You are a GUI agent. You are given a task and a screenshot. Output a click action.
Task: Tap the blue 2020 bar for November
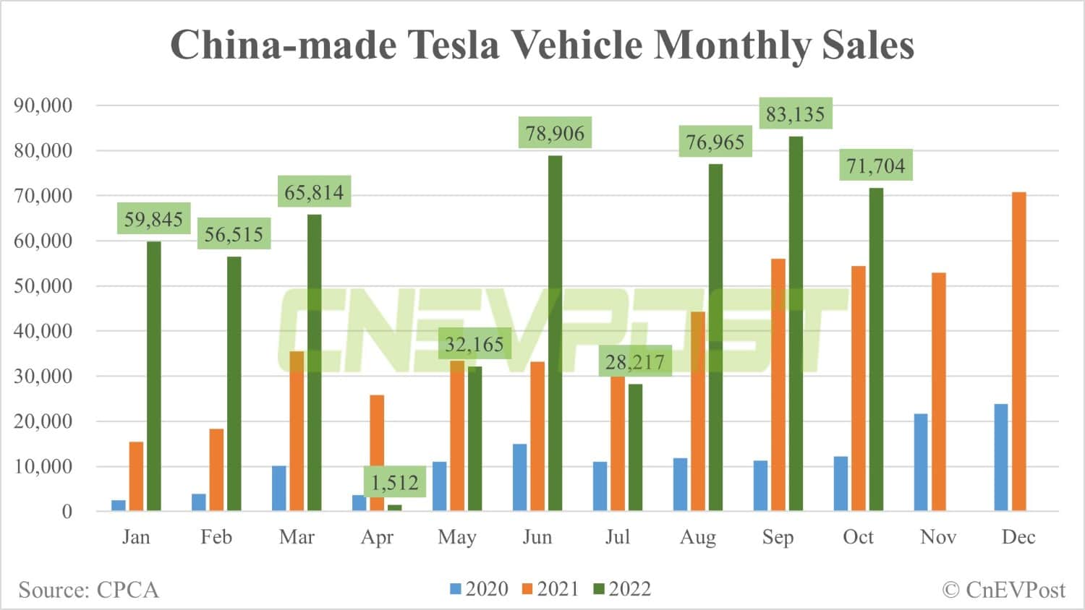(921, 463)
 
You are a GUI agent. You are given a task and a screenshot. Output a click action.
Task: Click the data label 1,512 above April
(395, 482)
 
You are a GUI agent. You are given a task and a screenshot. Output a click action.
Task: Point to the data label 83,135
(795, 114)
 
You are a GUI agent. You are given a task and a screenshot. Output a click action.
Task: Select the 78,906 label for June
(555, 133)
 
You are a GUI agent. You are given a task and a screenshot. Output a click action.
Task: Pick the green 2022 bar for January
(154, 377)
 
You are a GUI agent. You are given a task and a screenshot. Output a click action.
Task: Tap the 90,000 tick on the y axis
(43, 106)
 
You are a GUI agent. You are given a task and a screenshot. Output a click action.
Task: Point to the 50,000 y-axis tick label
(43, 286)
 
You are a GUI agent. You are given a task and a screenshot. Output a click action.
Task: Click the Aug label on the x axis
(697, 537)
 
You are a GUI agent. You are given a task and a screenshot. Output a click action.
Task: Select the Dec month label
(1018, 537)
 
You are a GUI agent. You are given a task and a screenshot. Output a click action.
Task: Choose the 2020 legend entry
(480, 589)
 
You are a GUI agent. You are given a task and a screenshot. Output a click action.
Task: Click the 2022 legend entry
(623, 589)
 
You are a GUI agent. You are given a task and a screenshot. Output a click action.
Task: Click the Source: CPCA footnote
(88, 590)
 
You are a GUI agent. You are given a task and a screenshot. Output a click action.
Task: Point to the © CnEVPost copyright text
(1003, 590)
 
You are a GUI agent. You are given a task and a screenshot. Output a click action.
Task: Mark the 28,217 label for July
(635, 361)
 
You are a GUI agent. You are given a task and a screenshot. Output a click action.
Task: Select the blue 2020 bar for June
(519, 478)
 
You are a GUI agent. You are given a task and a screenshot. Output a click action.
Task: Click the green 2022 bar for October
(876, 350)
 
